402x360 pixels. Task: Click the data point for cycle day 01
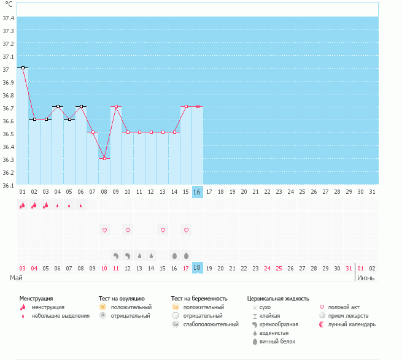(x=23, y=68)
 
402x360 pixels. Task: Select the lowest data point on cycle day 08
(x=104, y=159)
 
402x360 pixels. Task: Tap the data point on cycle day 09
(x=116, y=106)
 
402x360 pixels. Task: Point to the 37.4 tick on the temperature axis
(x=8, y=18)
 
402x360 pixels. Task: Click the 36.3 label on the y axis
(x=8, y=159)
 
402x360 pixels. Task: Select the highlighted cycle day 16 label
(x=197, y=192)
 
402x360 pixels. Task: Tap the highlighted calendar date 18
(x=197, y=268)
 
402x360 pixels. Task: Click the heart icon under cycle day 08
(x=104, y=230)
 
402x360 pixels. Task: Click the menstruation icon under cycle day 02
(x=34, y=205)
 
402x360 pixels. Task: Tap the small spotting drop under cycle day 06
(x=81, y=205)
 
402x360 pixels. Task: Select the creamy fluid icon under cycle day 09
(x=116, y=256)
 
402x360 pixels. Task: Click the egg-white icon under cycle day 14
(x=174, y=256)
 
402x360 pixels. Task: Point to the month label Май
(x=16, y=278)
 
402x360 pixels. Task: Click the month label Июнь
(x=366, y=278)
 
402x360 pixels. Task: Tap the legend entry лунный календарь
(x=352, y=324)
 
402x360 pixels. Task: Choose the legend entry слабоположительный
(x=211, y=324)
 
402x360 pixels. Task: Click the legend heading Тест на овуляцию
(x=122, y=299)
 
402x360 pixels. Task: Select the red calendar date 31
(x=349, y=268)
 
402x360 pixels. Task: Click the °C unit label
(x=9, y=4)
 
